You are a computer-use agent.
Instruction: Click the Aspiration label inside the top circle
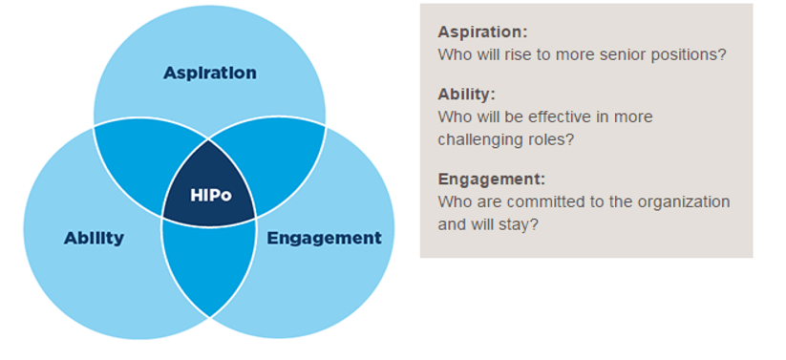click(209, 74)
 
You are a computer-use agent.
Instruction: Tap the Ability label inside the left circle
click(94, 238)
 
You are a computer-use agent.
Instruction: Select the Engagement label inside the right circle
click(325, 238)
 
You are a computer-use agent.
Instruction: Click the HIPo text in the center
click(211, 195)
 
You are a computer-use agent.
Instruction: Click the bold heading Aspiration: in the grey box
click(482, 32)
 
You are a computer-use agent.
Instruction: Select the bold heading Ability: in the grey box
click(467, 95)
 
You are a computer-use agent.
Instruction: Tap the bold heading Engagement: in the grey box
click(491, 180)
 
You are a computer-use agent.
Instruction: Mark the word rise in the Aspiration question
click(520, 54)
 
